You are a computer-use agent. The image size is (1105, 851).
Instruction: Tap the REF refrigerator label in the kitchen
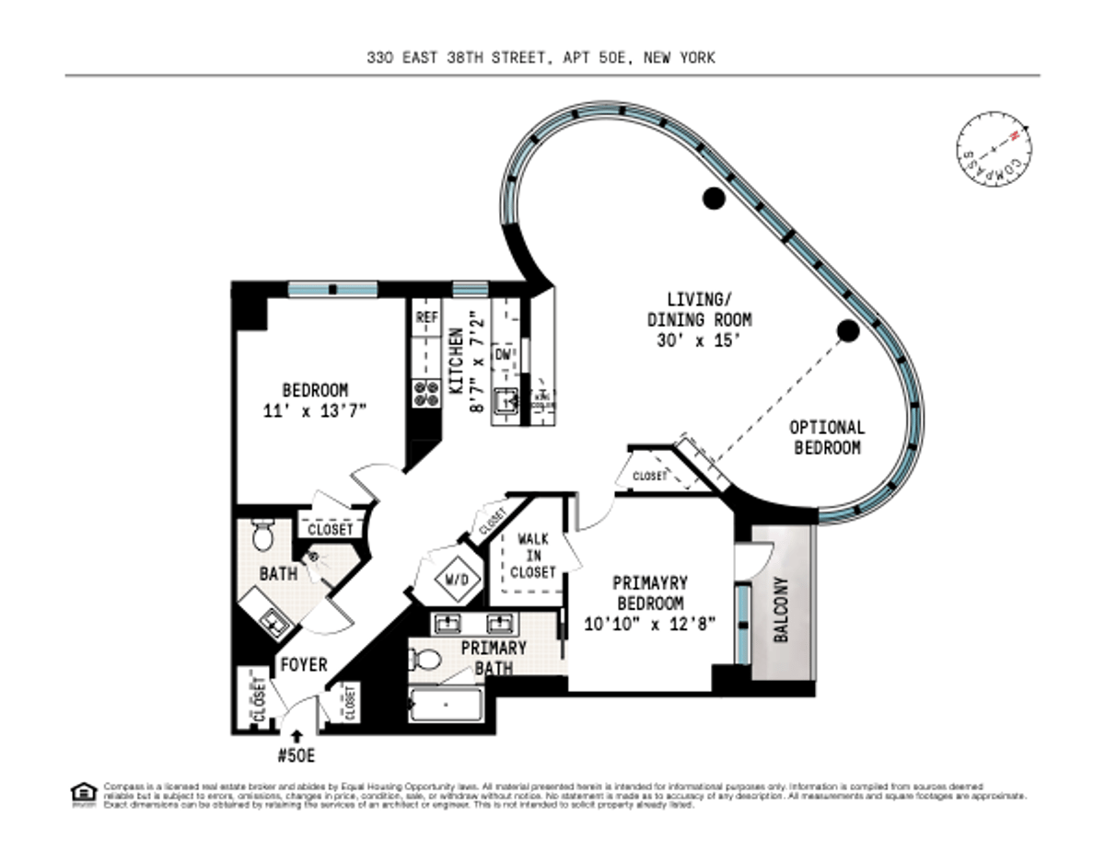[x=426, y=317]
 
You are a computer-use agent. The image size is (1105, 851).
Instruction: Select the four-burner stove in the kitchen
[x=425, y=394]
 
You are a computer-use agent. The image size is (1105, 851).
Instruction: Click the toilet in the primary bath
[x=426, y=660]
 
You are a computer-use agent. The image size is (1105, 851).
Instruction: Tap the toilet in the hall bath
[x=262, y=534]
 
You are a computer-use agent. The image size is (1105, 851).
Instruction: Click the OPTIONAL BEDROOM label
[x=828, y=438]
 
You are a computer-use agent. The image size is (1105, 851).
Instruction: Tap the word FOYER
[x=304, y=664]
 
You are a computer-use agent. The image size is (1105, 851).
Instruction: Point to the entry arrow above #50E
[x=297, y=736]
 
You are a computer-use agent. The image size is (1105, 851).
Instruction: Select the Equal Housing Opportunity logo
[x=83, y=794]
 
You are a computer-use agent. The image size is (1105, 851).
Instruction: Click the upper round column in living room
[x=712, y=197]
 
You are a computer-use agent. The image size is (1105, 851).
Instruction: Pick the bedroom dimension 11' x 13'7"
[x=314, y=411]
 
